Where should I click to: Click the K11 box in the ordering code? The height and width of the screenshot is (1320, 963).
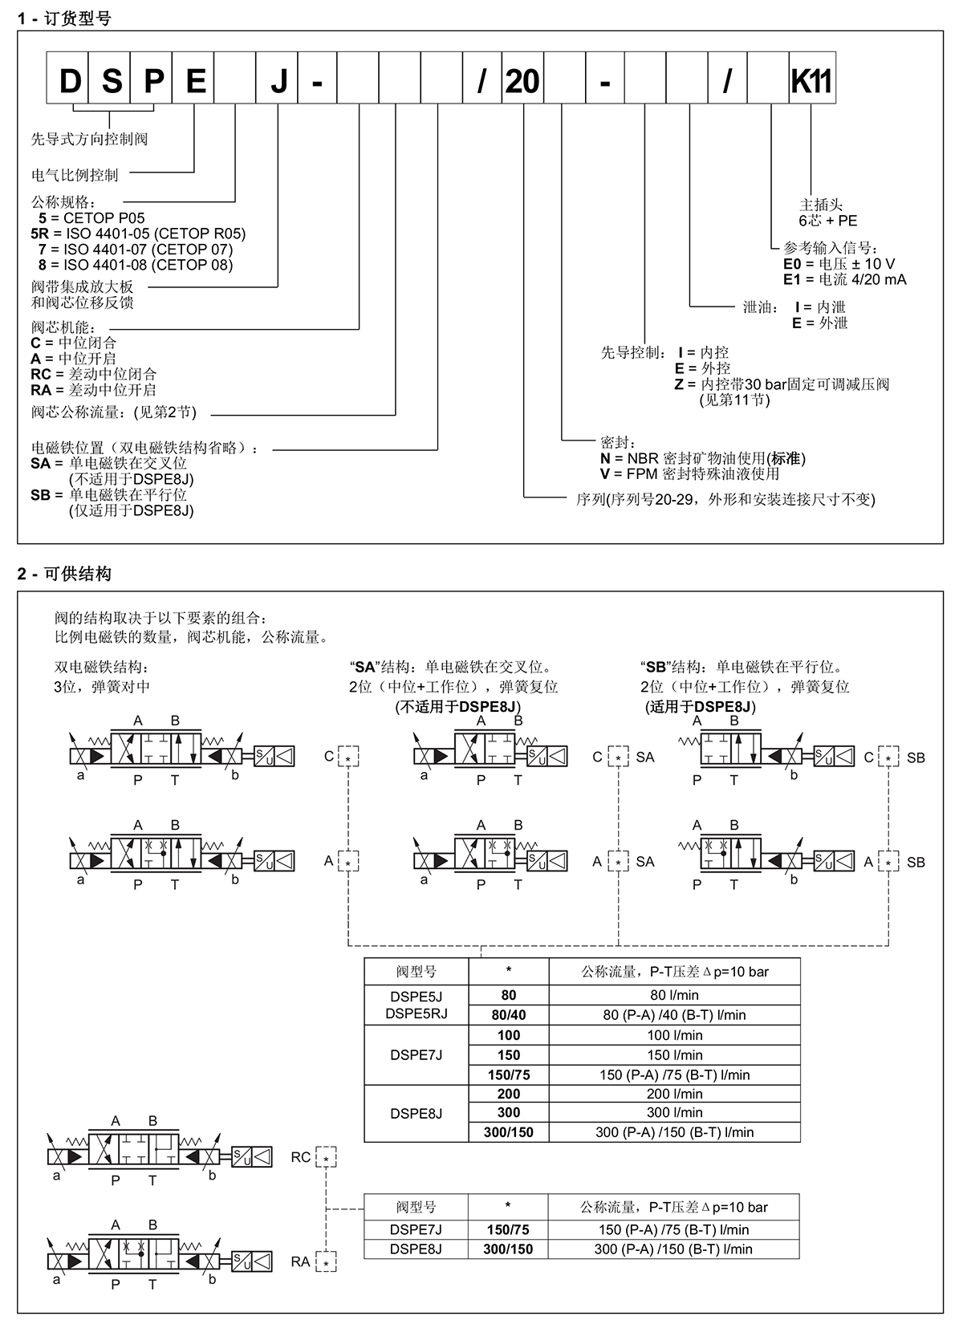point(812,78)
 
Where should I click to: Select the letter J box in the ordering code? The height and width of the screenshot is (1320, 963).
point(276,78)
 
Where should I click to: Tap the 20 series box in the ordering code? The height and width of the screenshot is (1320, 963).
point(522,78)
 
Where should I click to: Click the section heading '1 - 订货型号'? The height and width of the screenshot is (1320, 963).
point(64,19)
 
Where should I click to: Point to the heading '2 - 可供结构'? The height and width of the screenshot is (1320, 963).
point(64,574)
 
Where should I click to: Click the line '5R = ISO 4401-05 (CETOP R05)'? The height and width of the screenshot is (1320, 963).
point(138,234)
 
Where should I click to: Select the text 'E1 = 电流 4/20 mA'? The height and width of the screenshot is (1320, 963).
point(844,279)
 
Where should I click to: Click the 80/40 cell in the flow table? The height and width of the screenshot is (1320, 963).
point(509,1015)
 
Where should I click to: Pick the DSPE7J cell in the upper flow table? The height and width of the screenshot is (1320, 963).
point(416,1055)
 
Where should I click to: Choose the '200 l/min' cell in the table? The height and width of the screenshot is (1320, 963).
point(674,1094)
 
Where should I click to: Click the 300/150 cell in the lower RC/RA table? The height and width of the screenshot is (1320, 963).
point(508,1249)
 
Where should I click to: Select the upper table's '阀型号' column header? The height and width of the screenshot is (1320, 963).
point(416,971)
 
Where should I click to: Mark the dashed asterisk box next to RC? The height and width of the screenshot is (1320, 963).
point(326,1157)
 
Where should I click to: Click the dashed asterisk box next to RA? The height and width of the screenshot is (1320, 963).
point(326,1261)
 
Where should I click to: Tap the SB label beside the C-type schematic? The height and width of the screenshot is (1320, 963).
point(916,757)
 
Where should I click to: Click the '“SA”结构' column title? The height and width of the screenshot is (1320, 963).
point(451,667)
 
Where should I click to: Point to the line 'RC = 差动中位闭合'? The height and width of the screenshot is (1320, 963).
point(94,374)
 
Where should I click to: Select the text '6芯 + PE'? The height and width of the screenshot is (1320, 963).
point(828,221)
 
